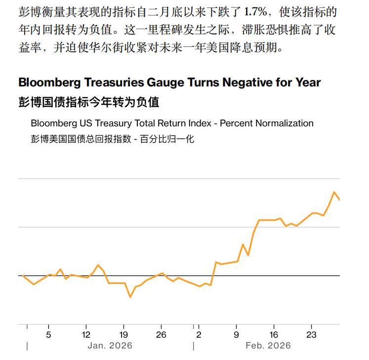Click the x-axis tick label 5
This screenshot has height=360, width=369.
pos(48,334)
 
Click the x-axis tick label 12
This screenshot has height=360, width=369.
pos(86,334)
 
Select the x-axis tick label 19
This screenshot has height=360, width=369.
pos(123,334)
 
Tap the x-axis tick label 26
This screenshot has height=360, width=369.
pos(161,334)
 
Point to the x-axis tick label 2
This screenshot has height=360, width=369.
pos(199,334)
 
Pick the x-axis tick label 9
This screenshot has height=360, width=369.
pos(236,334)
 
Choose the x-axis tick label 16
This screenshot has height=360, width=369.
pos(274,334)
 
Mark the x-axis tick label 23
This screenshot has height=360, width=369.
pos(312,334)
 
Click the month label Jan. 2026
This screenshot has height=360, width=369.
pos(110,346)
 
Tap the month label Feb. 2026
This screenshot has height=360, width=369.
pos(268,346)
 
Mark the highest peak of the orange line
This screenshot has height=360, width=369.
pos(334,192)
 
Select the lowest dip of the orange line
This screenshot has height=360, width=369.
pos(130,297)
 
